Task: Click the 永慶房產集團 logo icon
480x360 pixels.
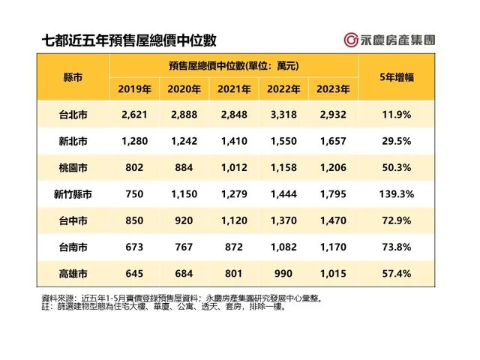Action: [x=349, y=41]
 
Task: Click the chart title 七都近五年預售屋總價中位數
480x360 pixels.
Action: [x=123, y=40]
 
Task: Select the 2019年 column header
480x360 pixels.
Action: [x=135, y=89]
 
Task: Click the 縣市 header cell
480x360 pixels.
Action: [x=73, y=77]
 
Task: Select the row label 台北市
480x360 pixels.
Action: [x=73, y=115]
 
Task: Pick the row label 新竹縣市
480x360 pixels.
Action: [x=73, y=194]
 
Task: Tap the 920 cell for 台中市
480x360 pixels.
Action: [x=184, y=220]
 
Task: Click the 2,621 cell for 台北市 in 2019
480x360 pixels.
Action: [x=135, y=115]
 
